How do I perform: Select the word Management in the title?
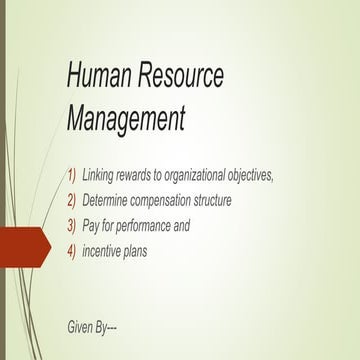126,118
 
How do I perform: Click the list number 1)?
71,175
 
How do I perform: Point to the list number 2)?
71,201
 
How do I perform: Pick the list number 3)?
71,226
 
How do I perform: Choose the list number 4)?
71,252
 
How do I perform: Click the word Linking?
101,175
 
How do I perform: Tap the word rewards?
145,175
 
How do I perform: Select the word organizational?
208,175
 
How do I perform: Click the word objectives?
275,175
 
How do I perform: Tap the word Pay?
92,226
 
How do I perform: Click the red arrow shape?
23,245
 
